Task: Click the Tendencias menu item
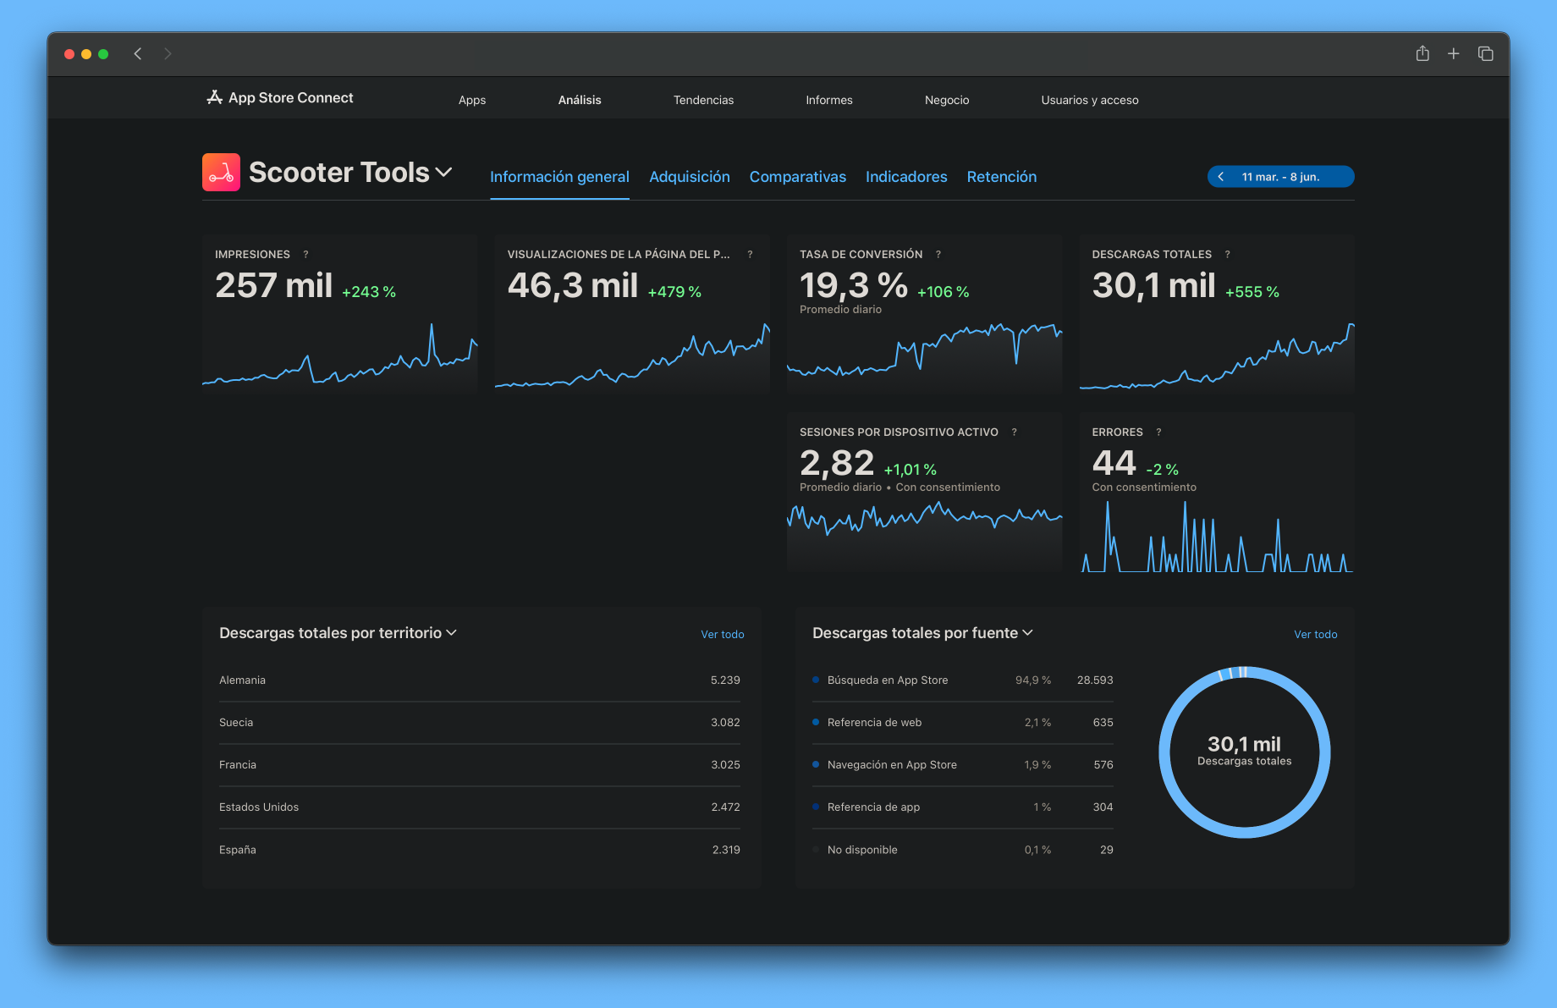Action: (x=703, y=100)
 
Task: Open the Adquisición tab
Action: (x=689, y=177)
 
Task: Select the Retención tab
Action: (x=1001, y=177)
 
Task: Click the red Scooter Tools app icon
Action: (x=221, y=173)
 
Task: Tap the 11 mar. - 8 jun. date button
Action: (x=1280, y=177)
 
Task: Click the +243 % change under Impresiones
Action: (x=369, y=292)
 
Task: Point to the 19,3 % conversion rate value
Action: (x=853, y=286)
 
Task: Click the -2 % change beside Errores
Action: (x=1162, y=470)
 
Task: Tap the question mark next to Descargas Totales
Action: (x=1227, y=255)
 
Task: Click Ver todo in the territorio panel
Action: (x=722, y=635)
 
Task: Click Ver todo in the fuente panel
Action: (x=1315, y=635)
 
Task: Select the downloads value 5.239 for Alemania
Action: (x=725, y=680)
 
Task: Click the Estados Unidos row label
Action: (x=259, y=807)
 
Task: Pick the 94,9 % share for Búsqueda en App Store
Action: (x=1032, y=680)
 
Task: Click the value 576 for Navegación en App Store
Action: (x=1103, y=765)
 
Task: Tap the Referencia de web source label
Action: (x=874, y=723)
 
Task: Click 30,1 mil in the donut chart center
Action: (x=1244, y=745)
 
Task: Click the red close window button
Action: (x=69, y=54)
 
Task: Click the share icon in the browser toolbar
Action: (x=1422, y=54)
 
